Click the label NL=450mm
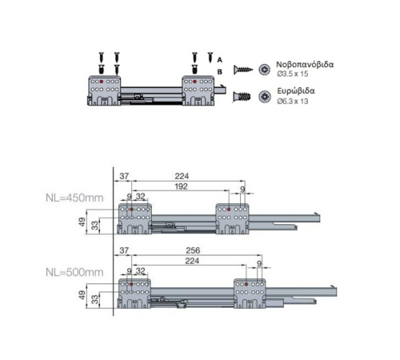pyautogui.click(x=74, y=198)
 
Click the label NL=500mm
pyautogui.click(x=74, y=272)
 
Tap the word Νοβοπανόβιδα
pyautogui.click(x=305, y=65)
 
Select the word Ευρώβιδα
pyautogui.click(x=296, y=91)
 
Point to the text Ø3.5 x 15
pyautogui.click(x=293, y=74)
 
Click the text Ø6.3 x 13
pyautogui.click(x=293, y=102)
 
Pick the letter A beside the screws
pyautogui.click(x=219, y=60)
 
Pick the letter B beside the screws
pyautogui.click(x=219, y=72)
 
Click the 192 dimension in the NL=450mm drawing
pyautogui.click(x=181, y=186)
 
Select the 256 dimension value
pyautogui.click(x=193, y=250)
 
